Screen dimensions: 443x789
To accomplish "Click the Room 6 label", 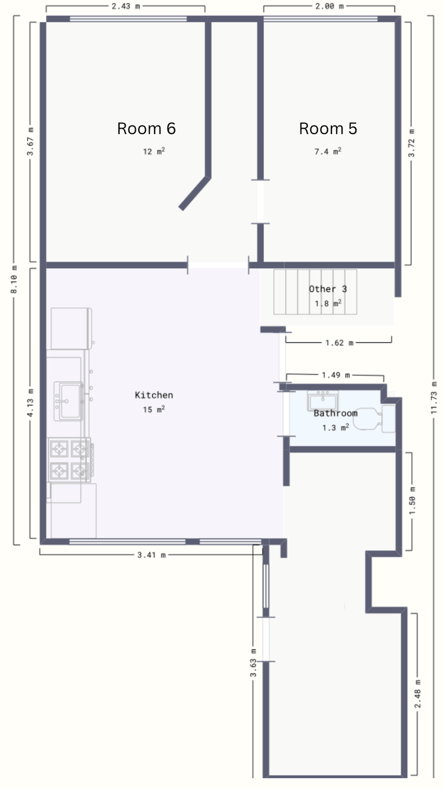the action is coord(146,129).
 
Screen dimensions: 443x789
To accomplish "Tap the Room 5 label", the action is coord(328,129).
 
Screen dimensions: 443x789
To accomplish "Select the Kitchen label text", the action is coord(154,395).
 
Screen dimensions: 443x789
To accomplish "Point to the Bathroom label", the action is coord(335,413).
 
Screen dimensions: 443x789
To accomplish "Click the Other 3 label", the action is coord(328,289).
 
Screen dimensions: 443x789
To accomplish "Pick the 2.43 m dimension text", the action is coord(126,6).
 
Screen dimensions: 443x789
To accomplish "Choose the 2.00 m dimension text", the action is coord(330,6).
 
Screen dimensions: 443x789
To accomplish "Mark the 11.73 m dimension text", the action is coord(434,397).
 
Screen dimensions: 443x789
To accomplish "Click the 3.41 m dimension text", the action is coord(152,555).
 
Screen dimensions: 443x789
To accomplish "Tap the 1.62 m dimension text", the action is coord(340,343).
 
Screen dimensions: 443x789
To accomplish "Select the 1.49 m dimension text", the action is coord(336,375).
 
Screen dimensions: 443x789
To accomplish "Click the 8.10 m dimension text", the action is coord(14,279).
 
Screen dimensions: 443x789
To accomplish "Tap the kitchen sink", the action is coord(69,401).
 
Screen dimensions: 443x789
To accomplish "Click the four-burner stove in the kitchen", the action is coord(70,460).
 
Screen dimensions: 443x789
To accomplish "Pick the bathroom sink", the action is coord(323,400).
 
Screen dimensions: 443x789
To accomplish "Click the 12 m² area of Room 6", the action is coord(154,151).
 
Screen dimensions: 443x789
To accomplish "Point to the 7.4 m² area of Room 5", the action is coord(328,151).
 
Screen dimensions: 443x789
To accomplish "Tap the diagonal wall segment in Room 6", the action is coord(194,193).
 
